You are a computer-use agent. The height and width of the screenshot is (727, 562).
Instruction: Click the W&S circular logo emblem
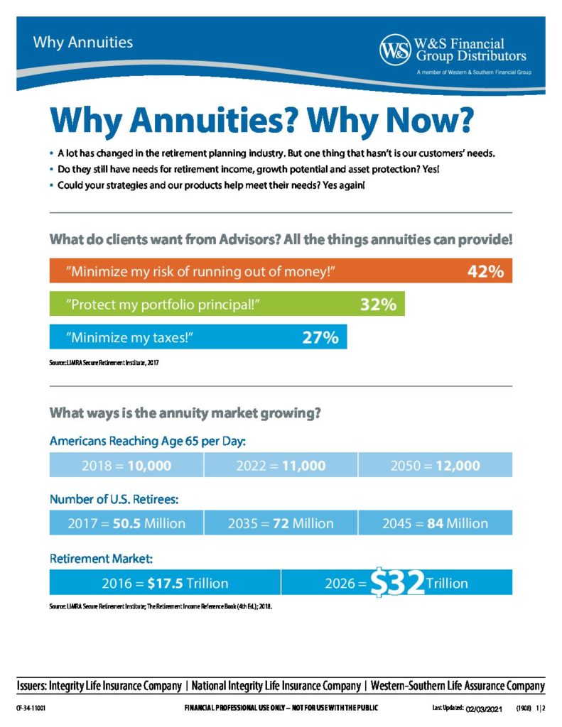pyautogui.click(x=394, y=50)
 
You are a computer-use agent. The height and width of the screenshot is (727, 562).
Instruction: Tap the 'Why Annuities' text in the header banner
pyautogui.click(x=82, y=42)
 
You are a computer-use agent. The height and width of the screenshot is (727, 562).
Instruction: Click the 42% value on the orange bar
pyautogui.click(x=485, y=272)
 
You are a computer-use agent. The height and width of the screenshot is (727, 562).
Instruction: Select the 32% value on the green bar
pyautogui.click(x=378, y=305)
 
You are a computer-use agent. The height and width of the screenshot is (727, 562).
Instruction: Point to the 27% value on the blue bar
pyautogui.click(x=320, y=337)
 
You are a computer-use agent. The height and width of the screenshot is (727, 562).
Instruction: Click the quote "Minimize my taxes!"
pyautogui.click(x=129, y=338)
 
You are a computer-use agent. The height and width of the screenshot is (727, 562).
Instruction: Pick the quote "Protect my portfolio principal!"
pyautogui.click(x=163, y=305)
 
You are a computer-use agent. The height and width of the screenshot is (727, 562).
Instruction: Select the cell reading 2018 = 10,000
pyautogui.click(x=126, y=466)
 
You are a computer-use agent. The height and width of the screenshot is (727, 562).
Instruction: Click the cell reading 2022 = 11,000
pyautogui.click(x=281, y=466)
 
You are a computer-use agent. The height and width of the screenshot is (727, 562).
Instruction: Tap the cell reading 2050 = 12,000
pyautogui.click(x=435, y=466)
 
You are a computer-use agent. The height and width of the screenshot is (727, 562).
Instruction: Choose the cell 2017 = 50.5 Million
pyautogui.click(x=126, y=523)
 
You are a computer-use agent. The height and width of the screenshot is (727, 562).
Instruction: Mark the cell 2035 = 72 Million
pyautogui.click(x=281, y=523)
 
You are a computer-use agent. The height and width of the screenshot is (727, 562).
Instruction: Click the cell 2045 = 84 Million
pyautogui.click(x=435, y=523)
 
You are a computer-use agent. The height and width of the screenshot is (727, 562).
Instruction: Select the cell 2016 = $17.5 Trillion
pyautogui.click(x=165, y=583)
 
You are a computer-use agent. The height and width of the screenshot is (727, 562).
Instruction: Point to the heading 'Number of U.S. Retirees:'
pyautogui.click(x=114, y=499)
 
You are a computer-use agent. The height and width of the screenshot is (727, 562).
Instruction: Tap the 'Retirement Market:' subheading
pyautogui.click(x=96, y=559)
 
